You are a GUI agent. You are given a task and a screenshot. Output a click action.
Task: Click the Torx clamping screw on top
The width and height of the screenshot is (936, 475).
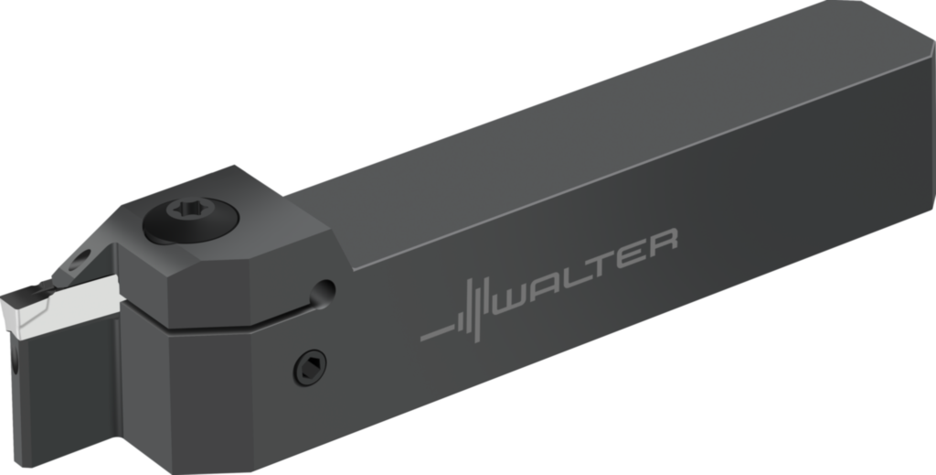pos(190,219)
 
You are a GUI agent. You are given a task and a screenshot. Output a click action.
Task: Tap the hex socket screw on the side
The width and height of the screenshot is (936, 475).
pos(311,367)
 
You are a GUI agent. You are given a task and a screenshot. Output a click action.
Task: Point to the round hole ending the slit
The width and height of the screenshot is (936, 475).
pos(323,293)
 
